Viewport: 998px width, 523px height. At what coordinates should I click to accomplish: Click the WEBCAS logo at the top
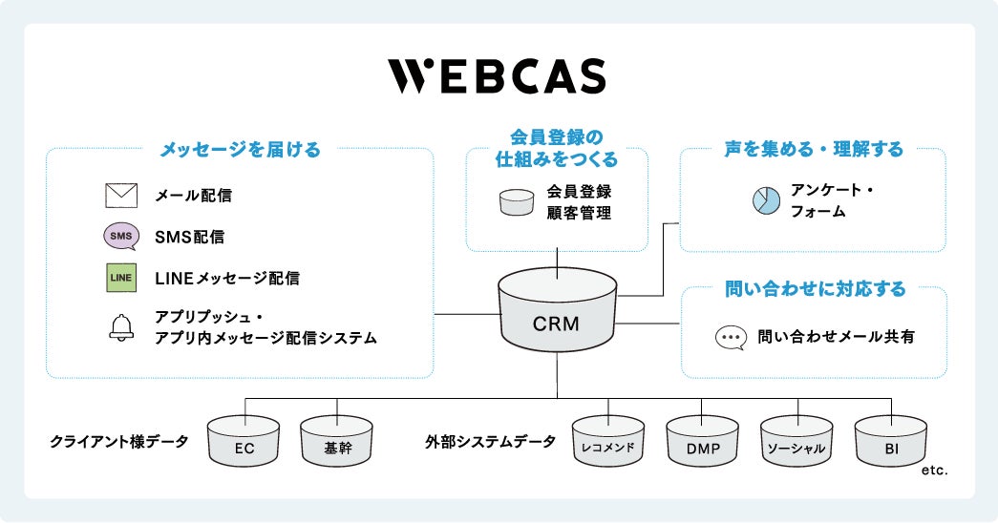pos(496,76)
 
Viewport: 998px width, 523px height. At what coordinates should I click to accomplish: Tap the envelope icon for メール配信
pos(121,196)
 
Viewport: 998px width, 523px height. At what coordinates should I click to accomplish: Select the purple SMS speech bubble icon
pos(120,237)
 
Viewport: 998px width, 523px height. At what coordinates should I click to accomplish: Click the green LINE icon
pos(121,278)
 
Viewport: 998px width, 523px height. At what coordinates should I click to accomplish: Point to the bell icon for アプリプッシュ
pos(121,327)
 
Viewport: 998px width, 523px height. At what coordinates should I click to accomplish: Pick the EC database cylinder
pos(244,441)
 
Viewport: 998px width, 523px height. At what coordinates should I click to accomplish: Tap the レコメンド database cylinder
pos(608,441)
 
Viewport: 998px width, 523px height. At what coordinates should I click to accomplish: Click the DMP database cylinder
pos(702,441)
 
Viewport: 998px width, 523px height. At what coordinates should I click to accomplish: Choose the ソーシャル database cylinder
pos(796,441)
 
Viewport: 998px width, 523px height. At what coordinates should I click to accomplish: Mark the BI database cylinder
pos(890,441)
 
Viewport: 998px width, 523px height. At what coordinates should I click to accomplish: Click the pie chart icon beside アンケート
pos(767,200)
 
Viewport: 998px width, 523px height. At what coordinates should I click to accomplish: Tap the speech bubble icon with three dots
pos(731,338)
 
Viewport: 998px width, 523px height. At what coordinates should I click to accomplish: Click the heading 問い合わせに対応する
pos(814,287)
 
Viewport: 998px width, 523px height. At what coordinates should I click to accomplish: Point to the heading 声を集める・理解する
pos(814,150)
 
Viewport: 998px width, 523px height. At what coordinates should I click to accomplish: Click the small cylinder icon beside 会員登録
pos(517,201)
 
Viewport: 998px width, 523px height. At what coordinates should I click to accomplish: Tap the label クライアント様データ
pos(118,442)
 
